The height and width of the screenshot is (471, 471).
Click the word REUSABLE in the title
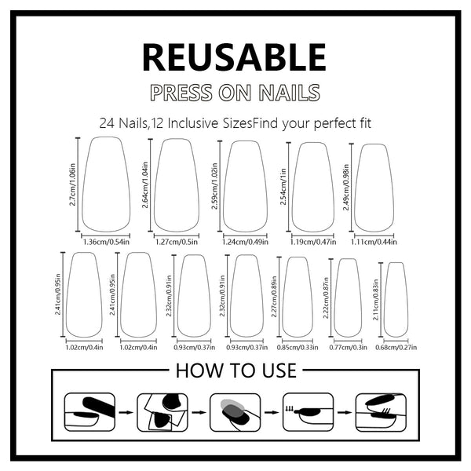pos(233,57)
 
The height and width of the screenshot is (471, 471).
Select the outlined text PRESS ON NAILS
pos(235,92)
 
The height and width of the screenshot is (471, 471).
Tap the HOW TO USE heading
pos(235,370)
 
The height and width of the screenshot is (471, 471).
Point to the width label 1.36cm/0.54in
pos(106,241)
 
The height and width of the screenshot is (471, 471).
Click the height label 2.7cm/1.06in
pos(72,185)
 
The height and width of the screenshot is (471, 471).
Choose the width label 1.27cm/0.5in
pos(176,241)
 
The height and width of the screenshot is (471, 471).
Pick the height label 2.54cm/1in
pos(283,187)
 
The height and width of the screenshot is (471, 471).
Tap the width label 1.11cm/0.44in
pos(374,241)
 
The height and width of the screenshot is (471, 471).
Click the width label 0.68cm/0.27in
pos(396,346)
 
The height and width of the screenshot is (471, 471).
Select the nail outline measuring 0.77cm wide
pos(348,298)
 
